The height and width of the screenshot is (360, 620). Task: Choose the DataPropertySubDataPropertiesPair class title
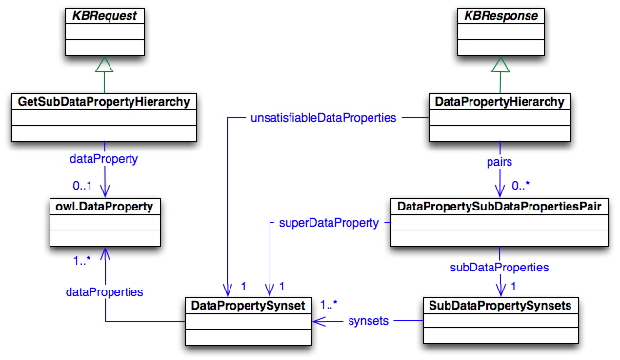tap(499, 206)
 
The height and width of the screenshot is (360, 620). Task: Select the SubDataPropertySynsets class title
tap(499, 306)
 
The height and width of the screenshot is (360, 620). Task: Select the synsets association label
tap(367, 321)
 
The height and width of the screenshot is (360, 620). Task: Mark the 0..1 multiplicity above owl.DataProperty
tap(85, 185)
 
